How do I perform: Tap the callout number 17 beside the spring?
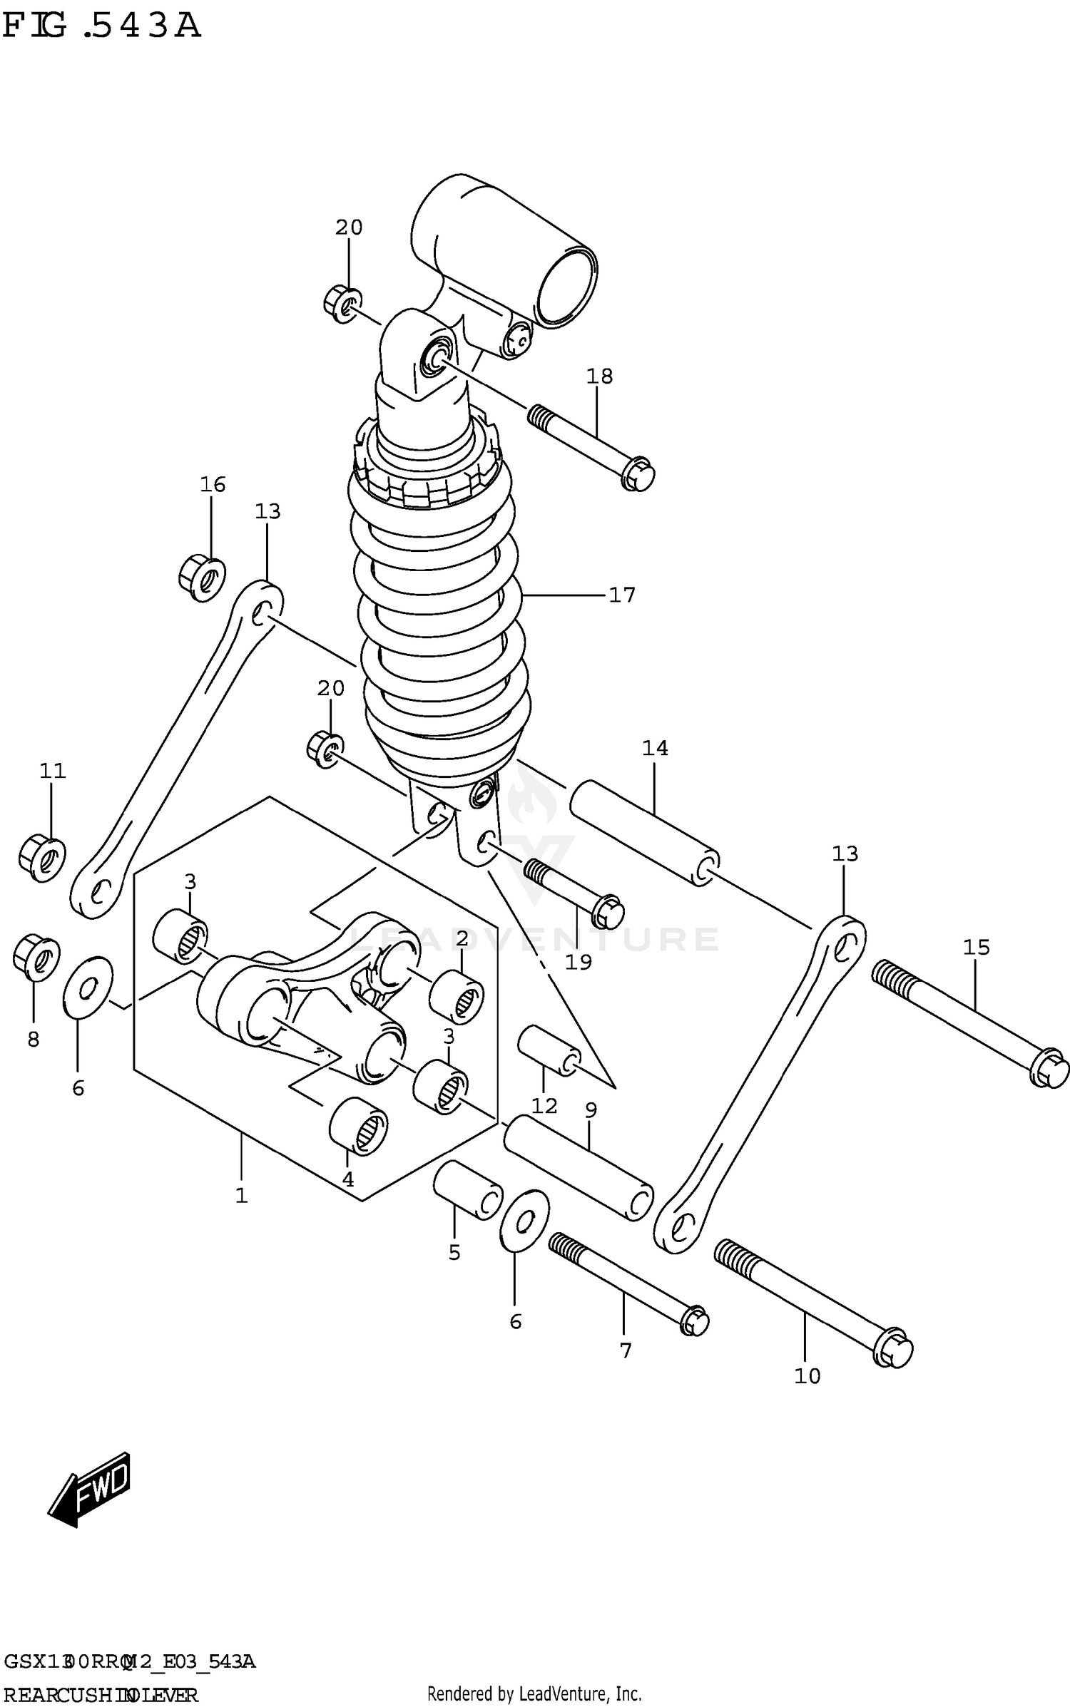click(x=621, y=595)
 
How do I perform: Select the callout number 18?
click(x=599, y=376)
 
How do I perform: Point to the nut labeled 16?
click(x=202, y=578)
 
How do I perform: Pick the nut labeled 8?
click(x=36, y=958)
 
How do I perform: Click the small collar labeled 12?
click(x=549, y=1050)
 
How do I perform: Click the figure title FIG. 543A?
click(x=101, y=26)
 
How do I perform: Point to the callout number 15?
click(x=976, y=948)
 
